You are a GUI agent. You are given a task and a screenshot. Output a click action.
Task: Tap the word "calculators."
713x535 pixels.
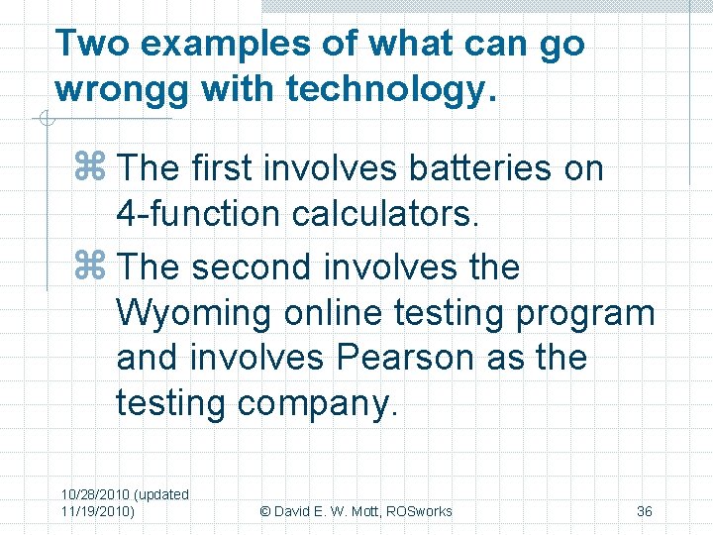383,213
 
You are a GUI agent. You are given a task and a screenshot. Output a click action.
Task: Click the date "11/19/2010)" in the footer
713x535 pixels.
98,511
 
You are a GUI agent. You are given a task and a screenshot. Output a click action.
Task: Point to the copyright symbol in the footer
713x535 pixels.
264,511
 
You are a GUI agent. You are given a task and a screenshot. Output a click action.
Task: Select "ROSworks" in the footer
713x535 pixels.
419,511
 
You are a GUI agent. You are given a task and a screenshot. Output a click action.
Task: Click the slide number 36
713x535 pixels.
644,511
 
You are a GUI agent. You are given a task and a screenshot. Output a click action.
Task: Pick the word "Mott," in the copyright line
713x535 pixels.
359,511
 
